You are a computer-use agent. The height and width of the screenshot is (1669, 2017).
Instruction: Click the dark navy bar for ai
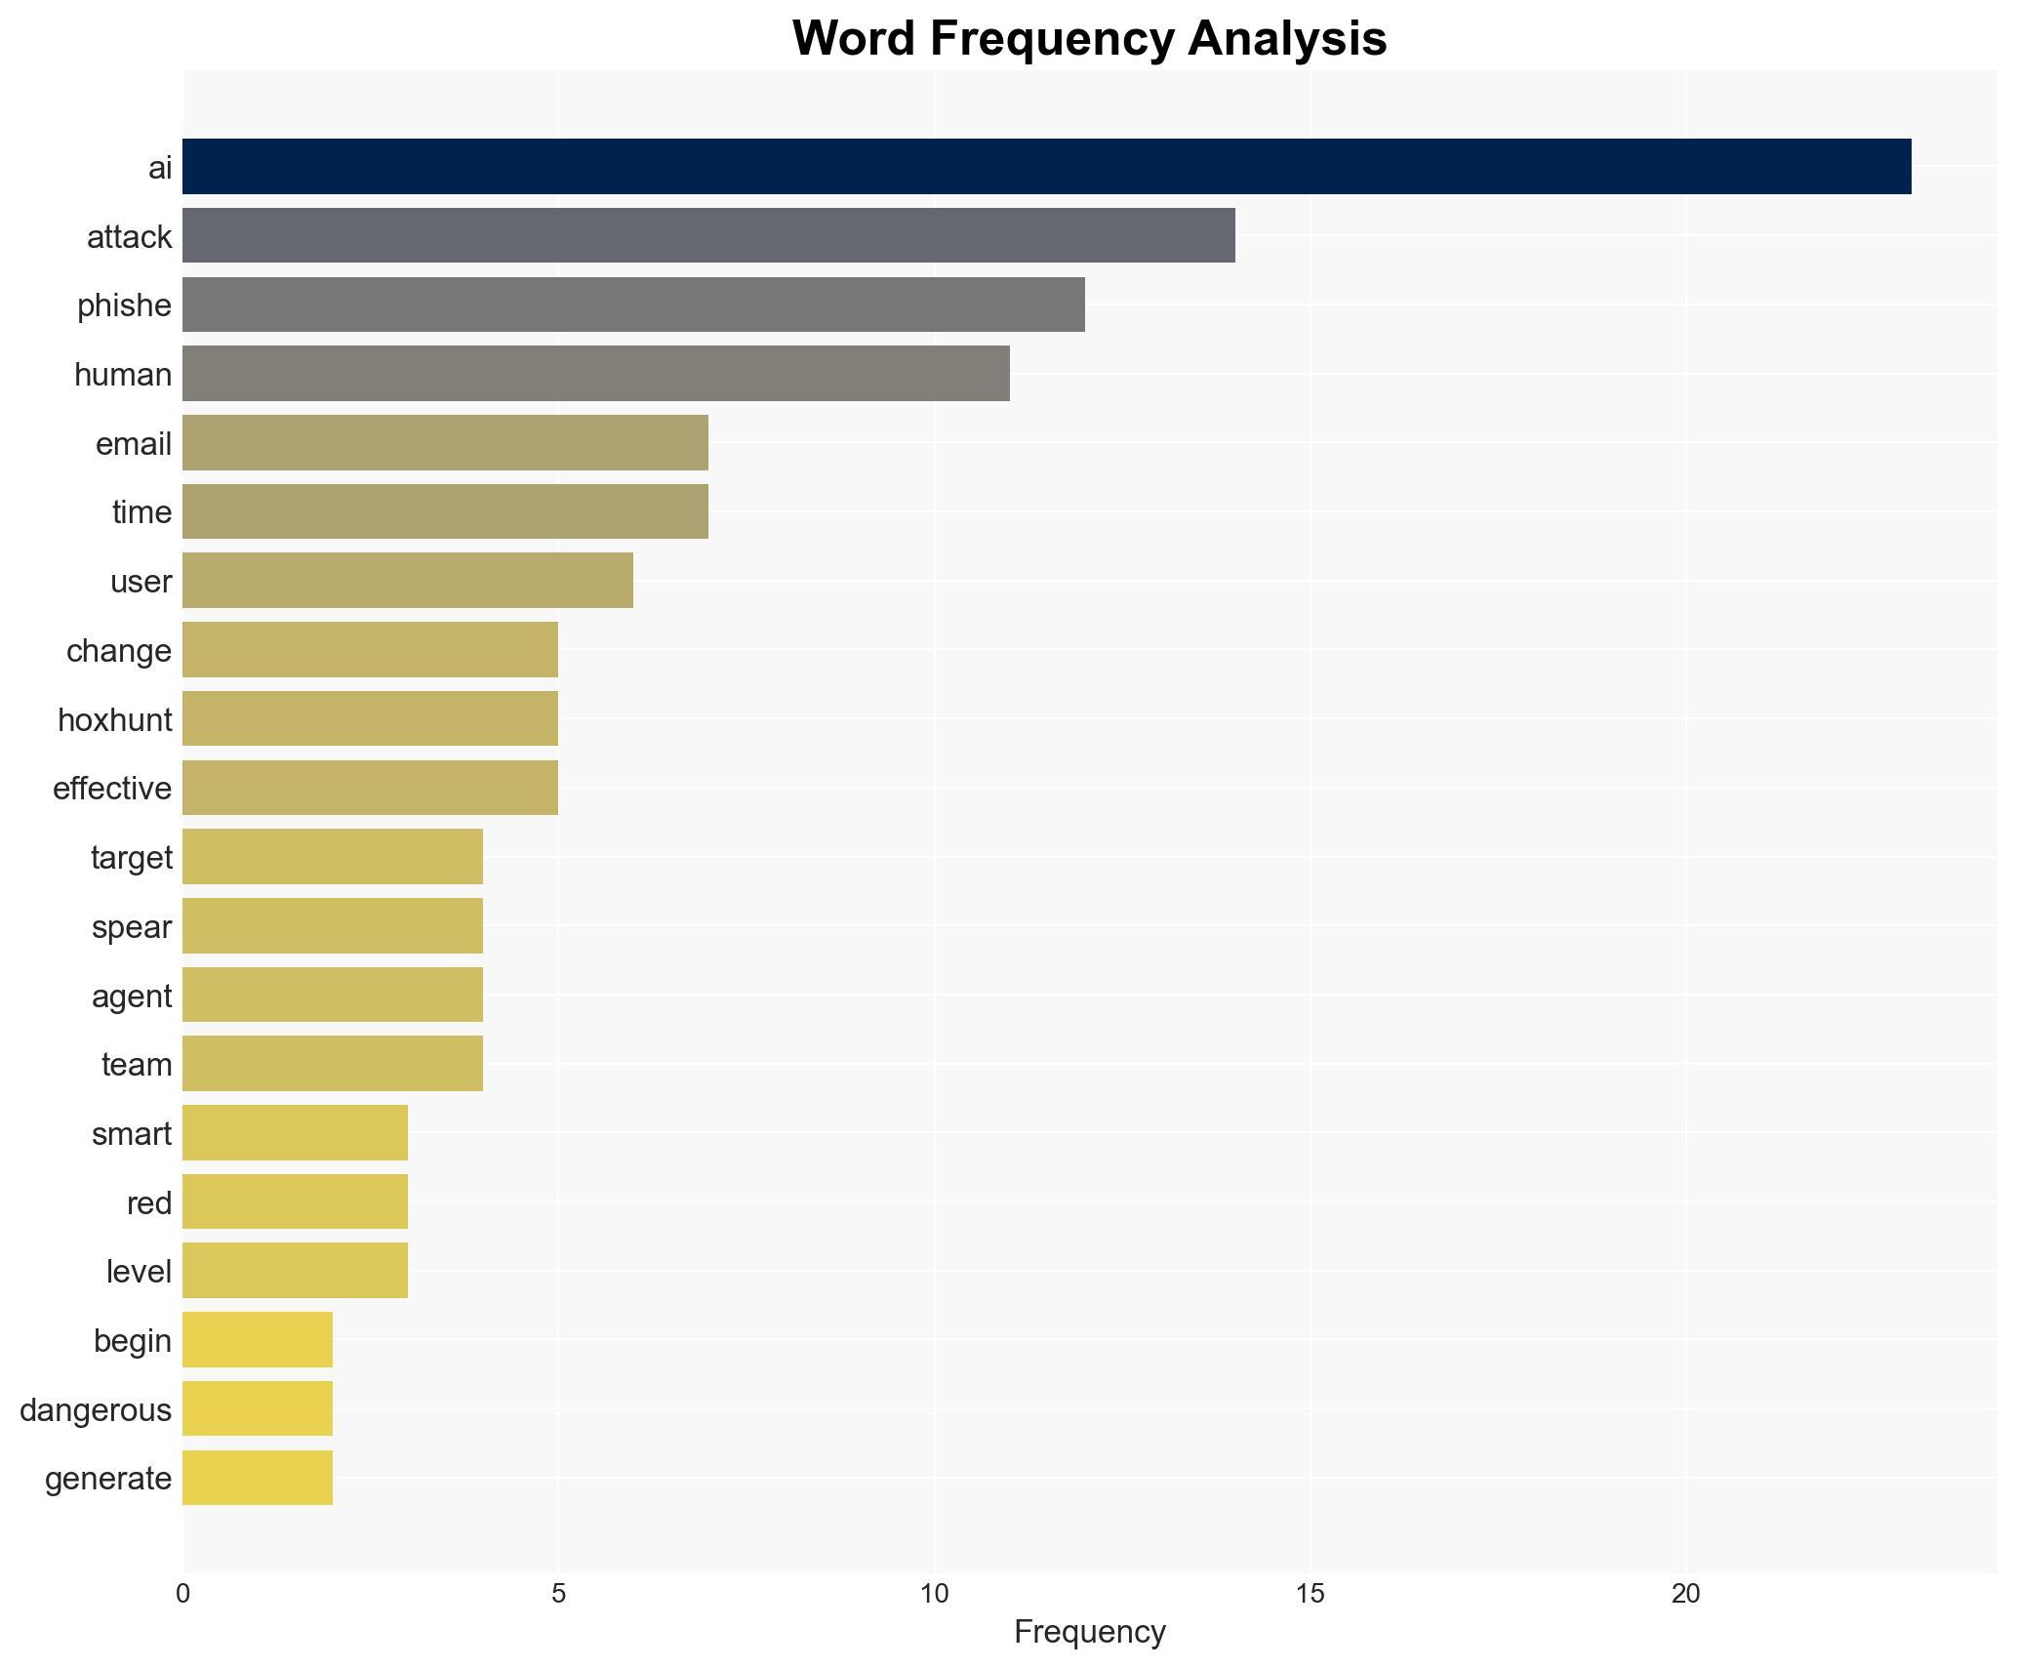coord(1046,167)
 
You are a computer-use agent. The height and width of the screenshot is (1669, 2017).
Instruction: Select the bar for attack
coord(708,235)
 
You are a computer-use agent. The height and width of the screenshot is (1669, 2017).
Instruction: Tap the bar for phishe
coord(633,305)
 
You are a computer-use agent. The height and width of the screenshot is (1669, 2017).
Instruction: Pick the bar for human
coord(595,374)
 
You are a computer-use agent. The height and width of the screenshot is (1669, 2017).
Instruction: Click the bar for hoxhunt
coord(370,719)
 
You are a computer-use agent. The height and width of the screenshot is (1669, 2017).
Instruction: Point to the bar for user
coord(408,581)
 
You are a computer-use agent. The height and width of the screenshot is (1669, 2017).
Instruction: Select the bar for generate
coord(258,1478)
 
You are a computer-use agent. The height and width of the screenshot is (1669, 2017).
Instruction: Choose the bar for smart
coord(295,1133)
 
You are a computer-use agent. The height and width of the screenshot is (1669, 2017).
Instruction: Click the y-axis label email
coord(134,444)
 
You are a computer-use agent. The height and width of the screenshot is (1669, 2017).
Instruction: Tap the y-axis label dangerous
coord(96,1409)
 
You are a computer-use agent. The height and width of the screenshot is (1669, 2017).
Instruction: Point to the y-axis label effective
coord(112,789)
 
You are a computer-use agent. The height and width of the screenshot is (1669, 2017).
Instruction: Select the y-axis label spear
coord(132,926)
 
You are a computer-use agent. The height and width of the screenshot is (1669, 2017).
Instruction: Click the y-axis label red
coord(149,1202)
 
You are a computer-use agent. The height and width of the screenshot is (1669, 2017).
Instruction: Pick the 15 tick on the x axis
coord(1310,1594)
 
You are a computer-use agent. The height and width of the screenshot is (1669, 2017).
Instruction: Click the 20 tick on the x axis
coord(1685,1594)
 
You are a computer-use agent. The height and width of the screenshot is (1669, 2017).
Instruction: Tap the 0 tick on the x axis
coord(183,1594)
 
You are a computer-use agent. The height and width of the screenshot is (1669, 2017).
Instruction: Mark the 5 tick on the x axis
coord(558,1594)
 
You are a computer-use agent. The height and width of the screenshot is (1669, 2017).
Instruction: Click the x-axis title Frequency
coord(1089,1632)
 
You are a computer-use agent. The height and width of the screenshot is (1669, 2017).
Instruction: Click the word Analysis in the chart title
coord(1287,39)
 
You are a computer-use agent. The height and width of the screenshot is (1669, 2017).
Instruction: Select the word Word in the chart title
coord(853,39)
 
